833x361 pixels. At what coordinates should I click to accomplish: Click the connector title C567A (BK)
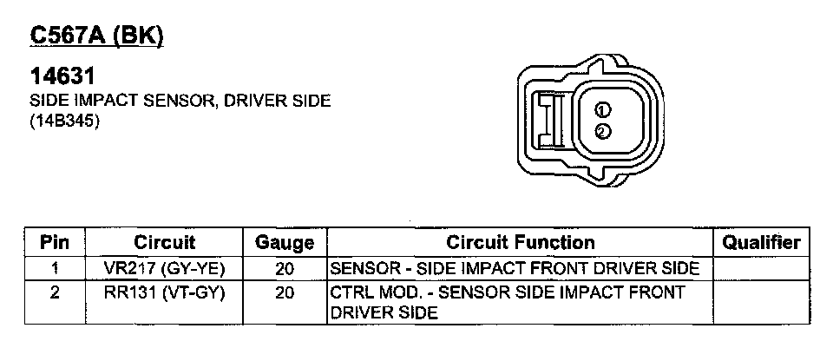pyautogui.click(x=96, y=36)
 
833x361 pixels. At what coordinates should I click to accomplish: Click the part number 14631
pyautogui.click(x=62, y=76)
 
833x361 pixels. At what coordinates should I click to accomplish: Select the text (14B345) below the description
pyautogui.click(x=65, y=121)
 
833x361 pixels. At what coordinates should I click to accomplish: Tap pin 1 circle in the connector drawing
pyautogui.click(x=603, y=110)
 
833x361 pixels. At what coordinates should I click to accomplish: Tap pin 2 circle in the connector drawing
pyautogui.click(x=603, y=131)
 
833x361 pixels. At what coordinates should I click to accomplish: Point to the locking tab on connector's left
pyautogui.click(x=551, y=119)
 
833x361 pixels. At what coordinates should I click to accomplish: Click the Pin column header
pyautogui.click(x=55, y=242)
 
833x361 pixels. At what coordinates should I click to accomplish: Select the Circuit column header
pyautogui.click(x=164, y=242)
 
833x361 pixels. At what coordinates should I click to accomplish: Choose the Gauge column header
pyautogui.click(x=285, y=244)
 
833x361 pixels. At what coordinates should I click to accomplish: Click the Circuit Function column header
pyautogui.click(x=520, y=242)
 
